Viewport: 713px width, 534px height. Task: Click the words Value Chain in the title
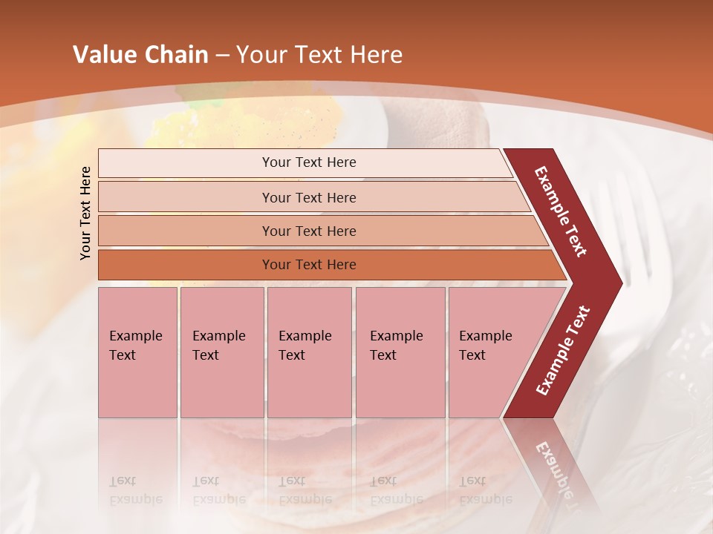140,55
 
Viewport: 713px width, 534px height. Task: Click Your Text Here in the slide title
319,55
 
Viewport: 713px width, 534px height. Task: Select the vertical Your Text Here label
85,213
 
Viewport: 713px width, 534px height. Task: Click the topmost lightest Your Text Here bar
308,162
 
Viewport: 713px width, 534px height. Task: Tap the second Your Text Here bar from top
308,197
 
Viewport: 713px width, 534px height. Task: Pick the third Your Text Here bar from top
308,231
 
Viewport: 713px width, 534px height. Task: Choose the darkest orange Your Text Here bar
308,265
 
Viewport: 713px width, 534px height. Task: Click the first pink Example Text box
137,352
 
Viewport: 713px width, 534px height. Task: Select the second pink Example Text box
221,352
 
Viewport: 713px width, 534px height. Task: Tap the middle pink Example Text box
309,352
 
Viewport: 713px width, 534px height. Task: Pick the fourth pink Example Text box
400,352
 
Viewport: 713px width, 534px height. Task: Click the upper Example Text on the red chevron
561,211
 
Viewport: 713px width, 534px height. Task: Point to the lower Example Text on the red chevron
563,350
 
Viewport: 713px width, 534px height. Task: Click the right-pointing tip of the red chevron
618,283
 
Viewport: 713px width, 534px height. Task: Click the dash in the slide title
222,56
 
